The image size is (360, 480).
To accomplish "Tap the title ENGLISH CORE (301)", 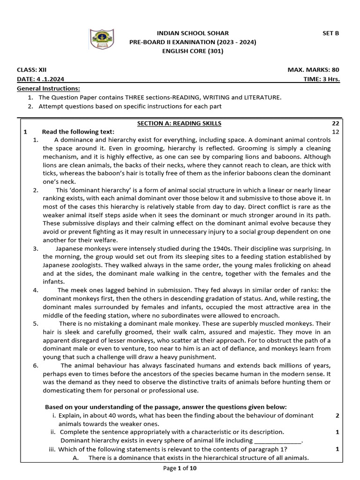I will coord(193,51).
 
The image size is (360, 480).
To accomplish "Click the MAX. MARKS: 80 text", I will coord(313,70).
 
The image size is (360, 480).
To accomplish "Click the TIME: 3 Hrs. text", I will coord(322,79).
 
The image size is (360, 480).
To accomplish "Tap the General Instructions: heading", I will coord(48,88).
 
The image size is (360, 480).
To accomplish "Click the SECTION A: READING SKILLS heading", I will coord(179,123).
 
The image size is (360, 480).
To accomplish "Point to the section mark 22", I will coord(335,123).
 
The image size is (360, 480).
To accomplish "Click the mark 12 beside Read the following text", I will coord(335,132).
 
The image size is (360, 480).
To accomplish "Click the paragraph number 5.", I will coord(36,323).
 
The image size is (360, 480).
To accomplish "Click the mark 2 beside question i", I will coord(337,415).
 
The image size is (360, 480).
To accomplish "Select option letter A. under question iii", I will coord(75,458).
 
